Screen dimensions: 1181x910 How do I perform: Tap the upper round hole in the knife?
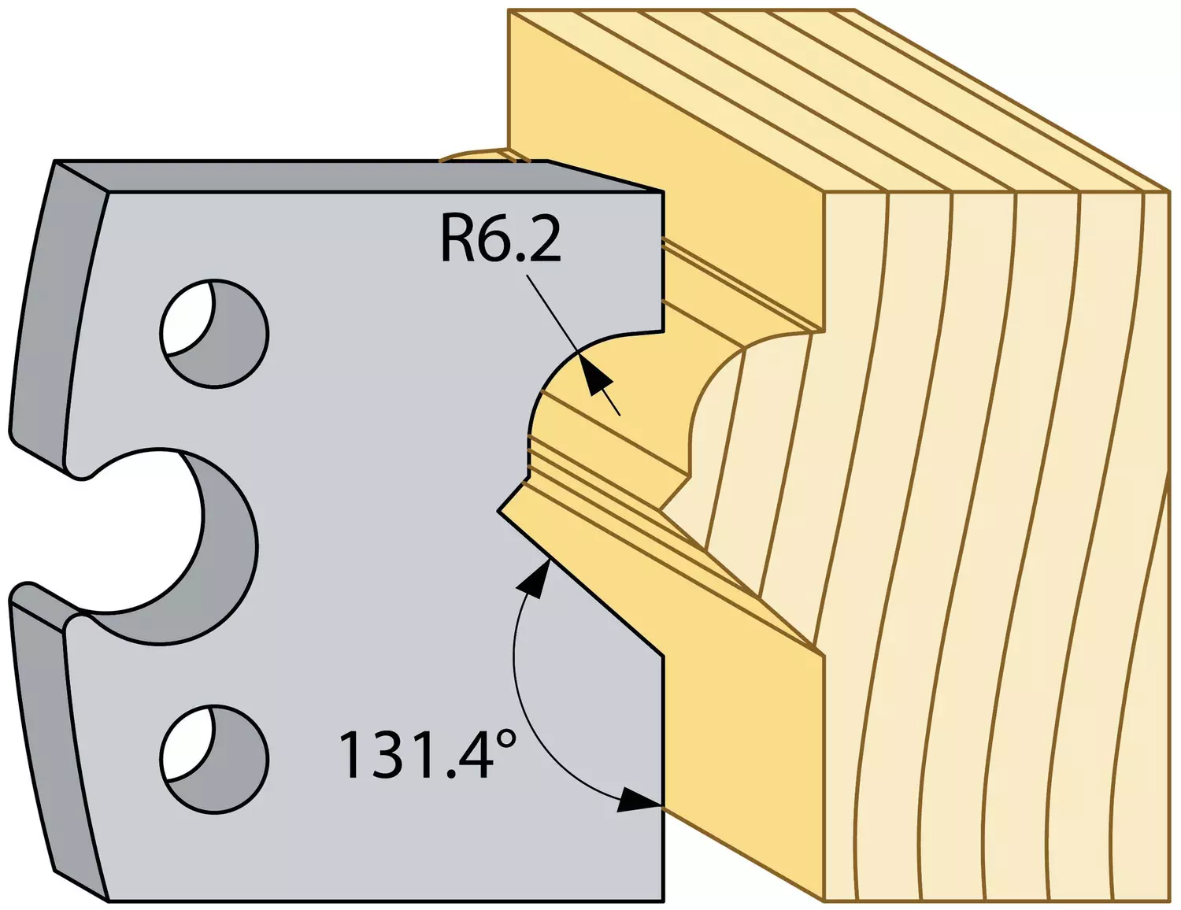pos(215,334)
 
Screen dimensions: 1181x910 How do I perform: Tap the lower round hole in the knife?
pos(215,759)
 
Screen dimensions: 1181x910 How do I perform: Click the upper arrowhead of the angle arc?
pos(535,580)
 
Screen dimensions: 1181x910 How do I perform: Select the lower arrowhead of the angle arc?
pos(639,802)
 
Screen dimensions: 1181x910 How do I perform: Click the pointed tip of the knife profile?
pos(498,511)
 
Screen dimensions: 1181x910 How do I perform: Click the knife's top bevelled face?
pos(359,176)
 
